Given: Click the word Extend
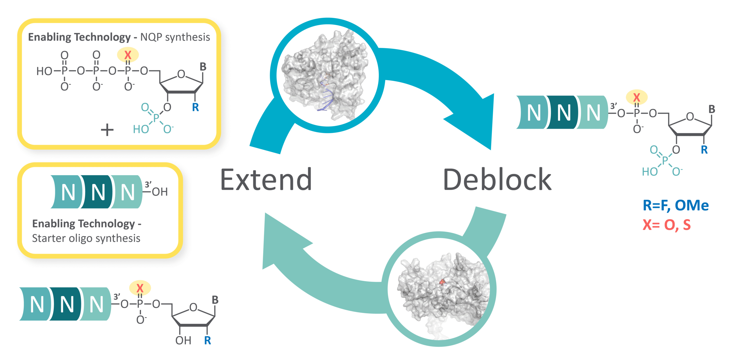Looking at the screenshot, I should point(266,180).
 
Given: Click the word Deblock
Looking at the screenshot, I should point(497,180).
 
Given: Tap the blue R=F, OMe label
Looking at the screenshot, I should point(675,205).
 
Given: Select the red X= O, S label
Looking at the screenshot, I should point(666,225).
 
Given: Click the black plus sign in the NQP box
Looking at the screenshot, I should point(107,130).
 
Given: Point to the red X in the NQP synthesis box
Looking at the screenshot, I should point(128,55).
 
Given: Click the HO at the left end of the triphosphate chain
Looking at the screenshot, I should point(44,71).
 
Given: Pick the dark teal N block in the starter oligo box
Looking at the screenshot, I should point(98,192).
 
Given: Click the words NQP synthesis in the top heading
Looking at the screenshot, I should point(175,37).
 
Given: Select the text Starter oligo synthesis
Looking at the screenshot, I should point(86,238).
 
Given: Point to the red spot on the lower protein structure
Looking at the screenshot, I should point(442,282).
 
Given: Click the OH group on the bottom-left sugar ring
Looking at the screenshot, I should point(183,340).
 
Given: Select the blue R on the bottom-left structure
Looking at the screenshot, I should point(207,340).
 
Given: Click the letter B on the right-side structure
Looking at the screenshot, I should point(712,109).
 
